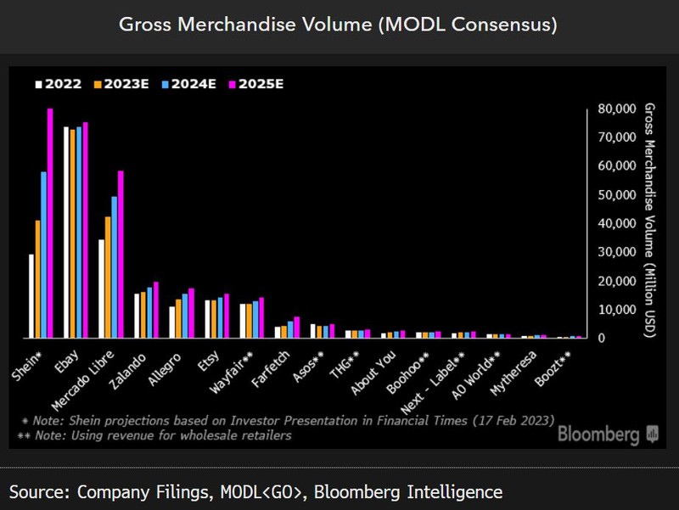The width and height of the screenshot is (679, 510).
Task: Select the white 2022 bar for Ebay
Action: point(66,233)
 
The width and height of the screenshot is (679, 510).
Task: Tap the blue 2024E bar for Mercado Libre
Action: point(115,267)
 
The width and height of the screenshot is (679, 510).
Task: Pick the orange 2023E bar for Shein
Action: point(37,279)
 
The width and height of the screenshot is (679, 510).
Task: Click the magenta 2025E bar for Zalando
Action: point(155,310)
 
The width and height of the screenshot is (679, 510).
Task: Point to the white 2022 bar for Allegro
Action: point(171,322)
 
